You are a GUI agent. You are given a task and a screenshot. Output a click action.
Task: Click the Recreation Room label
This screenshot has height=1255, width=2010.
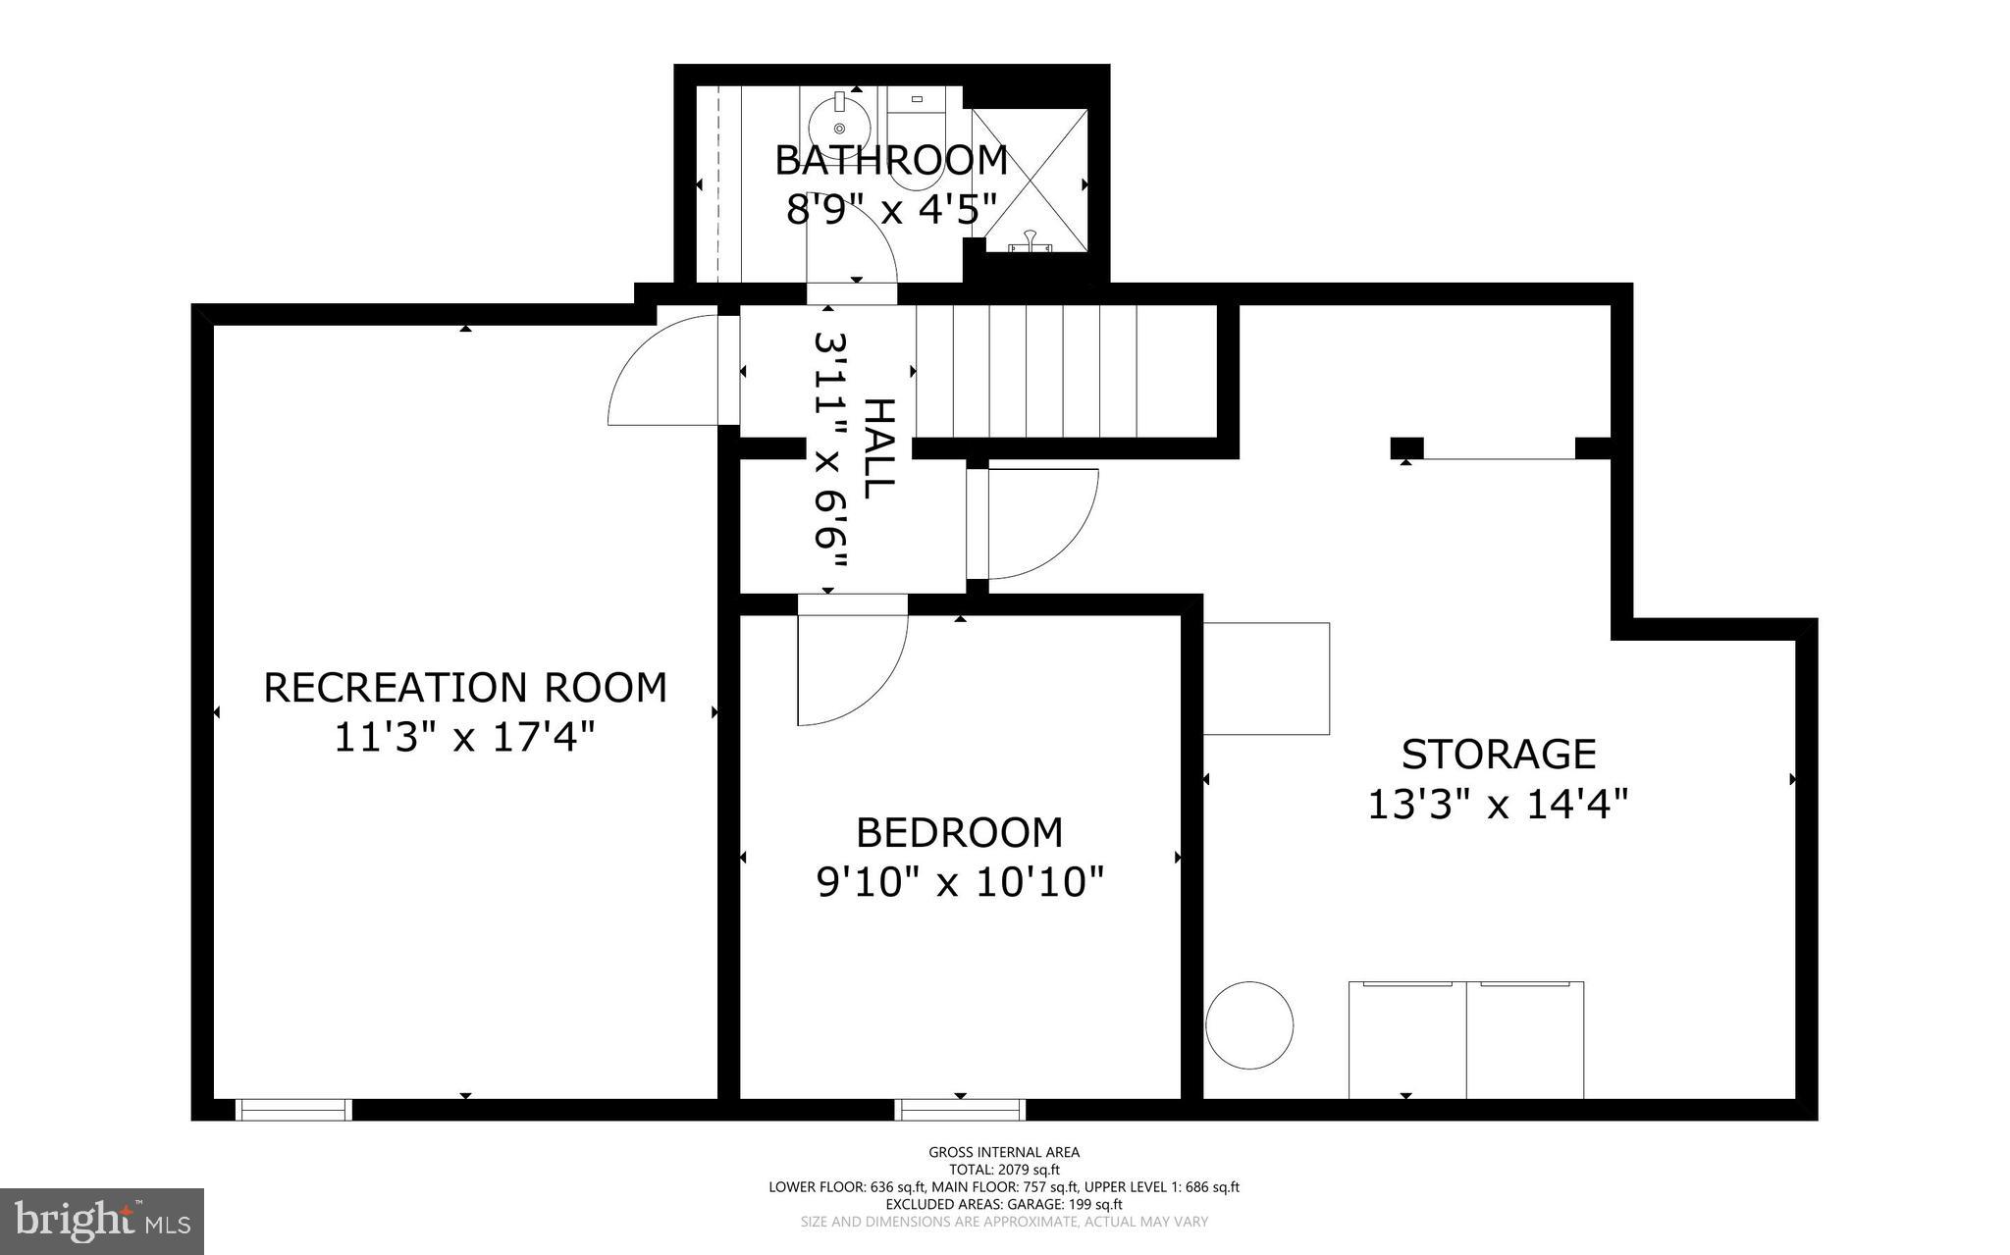pyautogui.click(x=465, y=688)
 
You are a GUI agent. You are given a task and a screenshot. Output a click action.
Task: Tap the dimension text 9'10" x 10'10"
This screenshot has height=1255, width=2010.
pyautogui.click(x=960, y=882)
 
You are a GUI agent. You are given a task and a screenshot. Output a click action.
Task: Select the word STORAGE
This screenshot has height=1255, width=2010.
pyautogui.click(x=1498, y=755)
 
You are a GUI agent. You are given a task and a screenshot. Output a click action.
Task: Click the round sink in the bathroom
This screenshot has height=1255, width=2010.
pyautogui.click(x=839, y=125)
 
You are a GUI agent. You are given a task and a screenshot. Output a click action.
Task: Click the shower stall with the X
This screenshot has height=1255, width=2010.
pyautogui.click(x=1030, y=181)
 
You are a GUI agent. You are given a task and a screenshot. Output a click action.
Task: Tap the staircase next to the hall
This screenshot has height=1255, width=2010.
pyautogui.click(x=1065, y=371)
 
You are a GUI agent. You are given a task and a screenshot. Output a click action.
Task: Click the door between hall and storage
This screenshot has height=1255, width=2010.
pyautogui.click(x=1035, y=525)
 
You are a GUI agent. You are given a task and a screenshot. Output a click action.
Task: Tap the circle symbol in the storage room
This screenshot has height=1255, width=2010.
pyautogui.click(x=1248, y=1024)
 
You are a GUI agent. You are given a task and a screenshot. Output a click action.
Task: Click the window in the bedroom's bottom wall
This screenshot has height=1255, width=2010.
pyautogui.click(x=960, y=1110)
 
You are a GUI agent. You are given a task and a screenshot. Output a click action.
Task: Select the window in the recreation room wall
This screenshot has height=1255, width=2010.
pyautogui.click(x=293, y=1110)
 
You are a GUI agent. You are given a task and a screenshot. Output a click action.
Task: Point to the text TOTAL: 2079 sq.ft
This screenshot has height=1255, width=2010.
pyautogui.click(x=1004, y=1170)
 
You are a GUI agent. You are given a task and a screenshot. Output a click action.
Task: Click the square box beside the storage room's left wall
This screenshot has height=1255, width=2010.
pyautogui.click(x=1266, y=678)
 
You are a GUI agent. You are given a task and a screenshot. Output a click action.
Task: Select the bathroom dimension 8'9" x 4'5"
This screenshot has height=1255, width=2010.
pyautogui.click(x=891, y=209)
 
